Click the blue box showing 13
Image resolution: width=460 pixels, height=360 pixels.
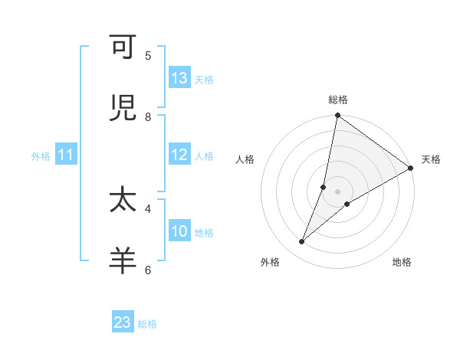(179, 78)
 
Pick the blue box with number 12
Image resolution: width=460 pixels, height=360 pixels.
(179, 155)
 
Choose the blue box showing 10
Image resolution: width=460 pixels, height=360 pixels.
(179, 231)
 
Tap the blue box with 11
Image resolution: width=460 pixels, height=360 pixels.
(66, 155)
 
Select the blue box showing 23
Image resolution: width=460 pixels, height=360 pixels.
(123, 322)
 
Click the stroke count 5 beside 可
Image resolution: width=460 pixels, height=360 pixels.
(148, 56)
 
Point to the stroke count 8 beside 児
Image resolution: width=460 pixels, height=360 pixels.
(148, 117)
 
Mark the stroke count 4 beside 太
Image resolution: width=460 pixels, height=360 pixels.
(148, 208)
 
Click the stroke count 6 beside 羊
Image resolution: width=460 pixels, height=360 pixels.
(148, 269)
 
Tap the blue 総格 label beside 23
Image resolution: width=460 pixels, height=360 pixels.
(147, 324)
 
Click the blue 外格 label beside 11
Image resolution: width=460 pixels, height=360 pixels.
(41, 155)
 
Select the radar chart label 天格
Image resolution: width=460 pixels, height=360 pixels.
(431, 159)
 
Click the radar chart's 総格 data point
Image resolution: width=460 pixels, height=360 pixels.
(337, 116)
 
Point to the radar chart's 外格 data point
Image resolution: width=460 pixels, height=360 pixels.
(302, 242)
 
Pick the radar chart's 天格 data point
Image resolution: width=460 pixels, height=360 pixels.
(411, 169)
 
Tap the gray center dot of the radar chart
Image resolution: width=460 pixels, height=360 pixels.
(338, 191)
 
